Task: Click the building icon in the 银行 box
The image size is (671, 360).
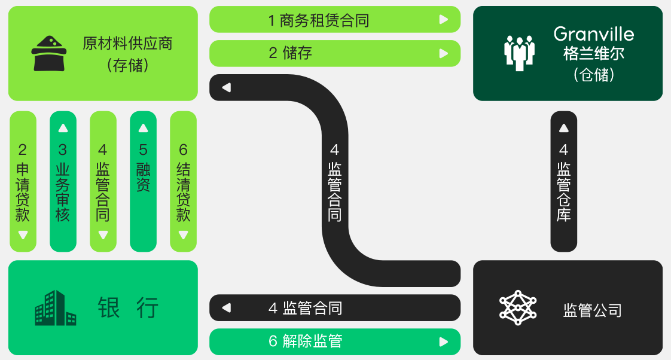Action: [55, 308]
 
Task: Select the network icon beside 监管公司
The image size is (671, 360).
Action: [515, 308]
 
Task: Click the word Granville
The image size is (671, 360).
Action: [593, 34]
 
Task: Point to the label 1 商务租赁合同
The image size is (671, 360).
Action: [318, 20]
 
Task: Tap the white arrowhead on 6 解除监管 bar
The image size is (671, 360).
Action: [443, 342]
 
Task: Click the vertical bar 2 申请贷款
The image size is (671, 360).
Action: [23, 182]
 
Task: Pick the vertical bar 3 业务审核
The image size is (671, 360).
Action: [63, 182]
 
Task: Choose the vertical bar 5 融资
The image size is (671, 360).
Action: [143, 182]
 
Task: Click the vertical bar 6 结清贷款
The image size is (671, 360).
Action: [183, 182]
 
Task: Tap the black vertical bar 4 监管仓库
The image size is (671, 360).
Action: [563, 182]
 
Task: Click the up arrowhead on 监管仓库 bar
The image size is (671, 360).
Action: [563, 128]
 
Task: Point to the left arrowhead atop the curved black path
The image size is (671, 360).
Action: [226, 88]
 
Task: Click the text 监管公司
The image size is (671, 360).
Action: [592, 310]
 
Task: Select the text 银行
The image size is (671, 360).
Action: [128, 308]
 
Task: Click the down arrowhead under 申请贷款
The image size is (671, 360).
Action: [23, 234]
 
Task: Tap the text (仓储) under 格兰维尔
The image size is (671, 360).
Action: [593, 74]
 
